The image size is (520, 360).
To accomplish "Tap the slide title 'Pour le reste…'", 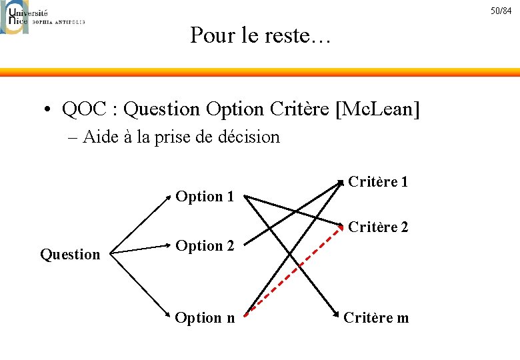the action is click(260, 35).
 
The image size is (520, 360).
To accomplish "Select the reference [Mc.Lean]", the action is click(379, 107).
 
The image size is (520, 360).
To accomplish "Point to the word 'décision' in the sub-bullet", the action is click(247, 137).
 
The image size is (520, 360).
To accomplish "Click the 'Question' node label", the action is click(70, 254).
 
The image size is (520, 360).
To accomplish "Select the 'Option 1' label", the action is click(205, 197).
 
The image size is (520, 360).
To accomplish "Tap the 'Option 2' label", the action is click(205, 246).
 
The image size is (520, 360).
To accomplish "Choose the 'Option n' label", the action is click(205, 318).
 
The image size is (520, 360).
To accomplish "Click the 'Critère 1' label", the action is click(378, 182).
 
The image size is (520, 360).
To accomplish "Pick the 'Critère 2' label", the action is click(378, 227).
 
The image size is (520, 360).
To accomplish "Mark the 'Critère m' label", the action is click(376, 318).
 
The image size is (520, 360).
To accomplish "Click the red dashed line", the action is click(293, 270).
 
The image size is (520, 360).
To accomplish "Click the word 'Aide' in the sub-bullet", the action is click(101, 137).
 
